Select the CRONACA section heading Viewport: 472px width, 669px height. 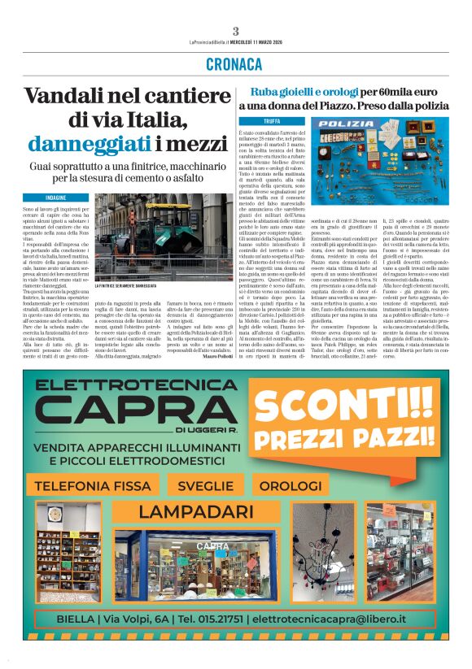tap(235, 65)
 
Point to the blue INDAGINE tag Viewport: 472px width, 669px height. tap(56, 198)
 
